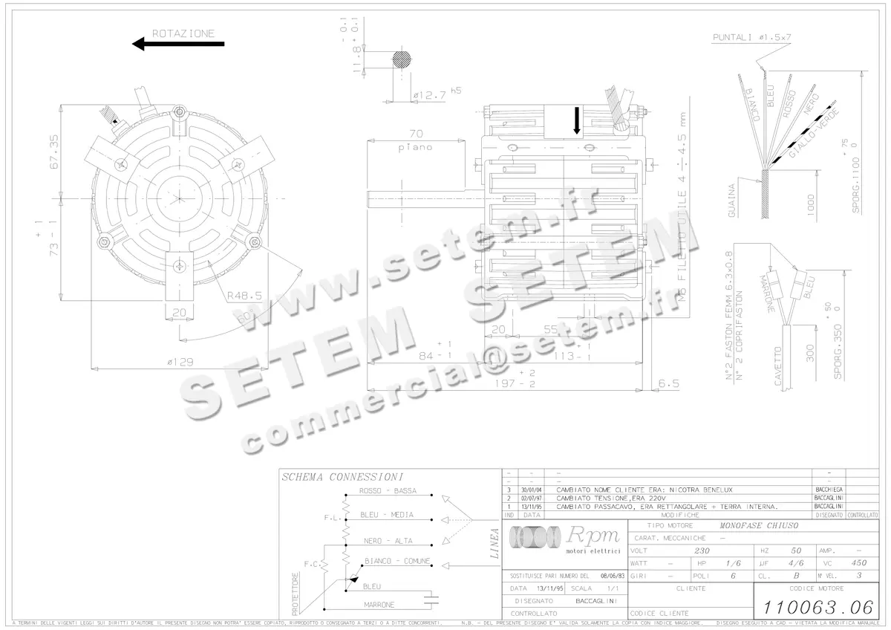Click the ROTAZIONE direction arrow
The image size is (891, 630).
pos(178,45)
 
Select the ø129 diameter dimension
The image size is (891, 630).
pos(180,362)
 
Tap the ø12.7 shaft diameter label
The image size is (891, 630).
pos(430,95)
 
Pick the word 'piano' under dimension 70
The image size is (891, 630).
pos(415,147)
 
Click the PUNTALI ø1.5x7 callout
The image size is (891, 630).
pos(751,37)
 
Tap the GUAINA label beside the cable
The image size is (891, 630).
pos(733,201)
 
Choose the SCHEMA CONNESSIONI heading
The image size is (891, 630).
pos(342,477)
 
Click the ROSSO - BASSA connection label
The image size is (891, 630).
pos(387,491)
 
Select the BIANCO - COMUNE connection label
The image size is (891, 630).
pos(396,561)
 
